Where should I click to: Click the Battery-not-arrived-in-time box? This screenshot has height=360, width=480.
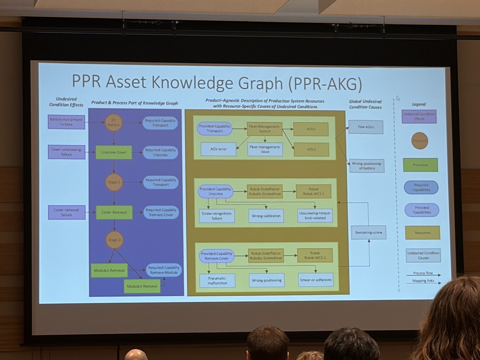click(x=66, y=122)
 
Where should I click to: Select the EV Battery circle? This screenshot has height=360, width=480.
click(x=114, y=122)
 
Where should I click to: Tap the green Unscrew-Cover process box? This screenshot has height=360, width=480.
click(x=114, y=152)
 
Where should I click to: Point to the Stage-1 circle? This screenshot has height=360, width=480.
click(x=114, y=182)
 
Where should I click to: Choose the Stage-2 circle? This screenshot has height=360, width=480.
click(x=114, y=240)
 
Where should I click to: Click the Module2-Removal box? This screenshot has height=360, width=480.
click(x=142, y=286)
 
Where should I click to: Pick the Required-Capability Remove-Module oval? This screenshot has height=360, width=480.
click(x=164, y=270)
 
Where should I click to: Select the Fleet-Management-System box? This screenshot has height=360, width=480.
click(x=265, y=129)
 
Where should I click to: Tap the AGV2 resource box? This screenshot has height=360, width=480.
click(x=311, y=149)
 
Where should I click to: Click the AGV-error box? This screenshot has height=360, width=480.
click(x=219, y=149)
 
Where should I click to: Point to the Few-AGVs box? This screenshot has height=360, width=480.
click(x=366, y=127)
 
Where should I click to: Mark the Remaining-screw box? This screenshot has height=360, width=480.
click(x=369, y=232)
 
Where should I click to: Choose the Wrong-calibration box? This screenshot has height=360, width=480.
click(x=266, y=216)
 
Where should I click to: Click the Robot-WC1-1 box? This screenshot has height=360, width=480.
click(x=314, y=191)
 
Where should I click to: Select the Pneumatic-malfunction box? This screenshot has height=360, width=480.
click(x=217, y=280)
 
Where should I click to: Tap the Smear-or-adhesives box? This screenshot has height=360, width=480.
click(x=316, y=280)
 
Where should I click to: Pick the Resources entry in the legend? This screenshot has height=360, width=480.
click(x=422, y=233)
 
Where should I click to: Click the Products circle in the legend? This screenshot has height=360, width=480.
click(x=420, y=141)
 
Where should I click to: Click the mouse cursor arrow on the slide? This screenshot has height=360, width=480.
click(x=398, y=98)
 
